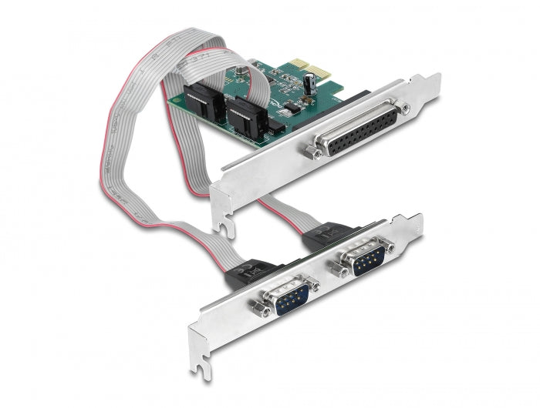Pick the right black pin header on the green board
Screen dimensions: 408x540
tap(248, 113)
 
